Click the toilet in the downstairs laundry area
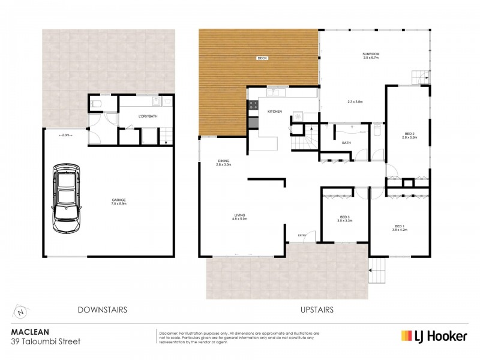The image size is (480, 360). tap(96, 104)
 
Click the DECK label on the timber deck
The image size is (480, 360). tap(262, 58)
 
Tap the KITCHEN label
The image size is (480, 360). tap(274, 112)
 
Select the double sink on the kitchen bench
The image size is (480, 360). tap(277, 93)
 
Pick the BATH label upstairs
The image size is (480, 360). tap(346, 143)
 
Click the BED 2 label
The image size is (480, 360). tap(409, 135)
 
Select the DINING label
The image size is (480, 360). tap(224, 161)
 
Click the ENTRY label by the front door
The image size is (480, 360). tap(301, 235)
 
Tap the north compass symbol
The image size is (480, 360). tap(22, 311)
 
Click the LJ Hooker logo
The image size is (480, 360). tap(434, 335)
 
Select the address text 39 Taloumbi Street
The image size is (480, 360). tap(46, 341)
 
